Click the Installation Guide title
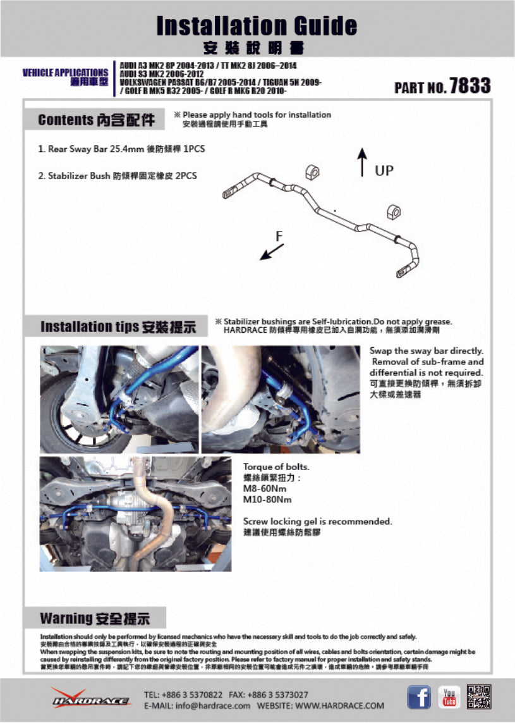click(x=257, y=26)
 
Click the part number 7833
click(x=470, y=86)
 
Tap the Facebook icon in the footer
click(x=418, y=698)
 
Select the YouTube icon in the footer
click(x=449, y=698)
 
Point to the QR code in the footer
click(x=479, y=697)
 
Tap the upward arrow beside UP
click(x=362, y=163)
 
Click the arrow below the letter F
click(x=272, y=252)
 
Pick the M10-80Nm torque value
click(x=267, y=500)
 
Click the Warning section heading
click(x=95, y=617)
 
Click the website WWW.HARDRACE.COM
click(x=339, y=705)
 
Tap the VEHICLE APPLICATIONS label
click(x=65, y=73)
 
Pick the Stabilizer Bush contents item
click(x=118, y=176)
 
